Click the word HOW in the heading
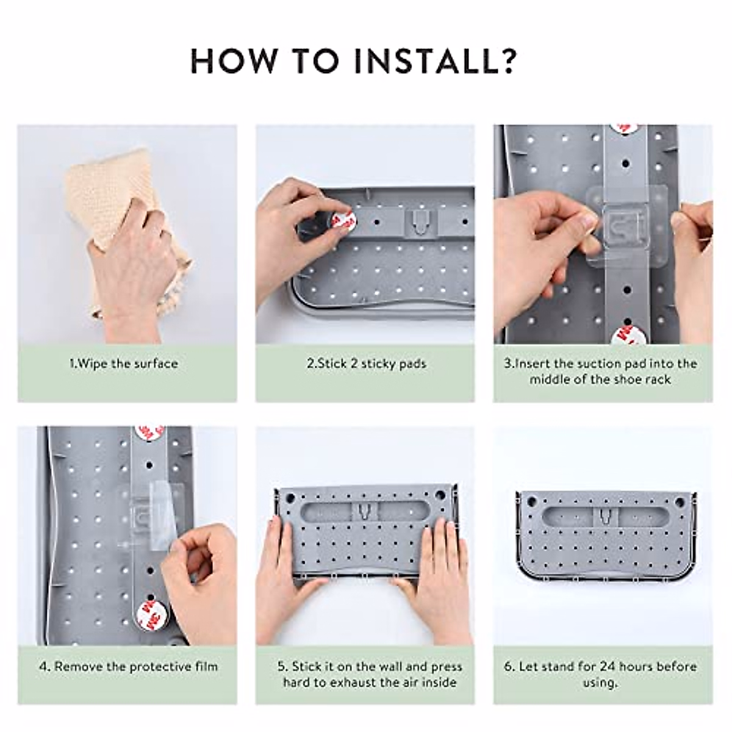point(233,60)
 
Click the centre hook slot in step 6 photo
point(606,516)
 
